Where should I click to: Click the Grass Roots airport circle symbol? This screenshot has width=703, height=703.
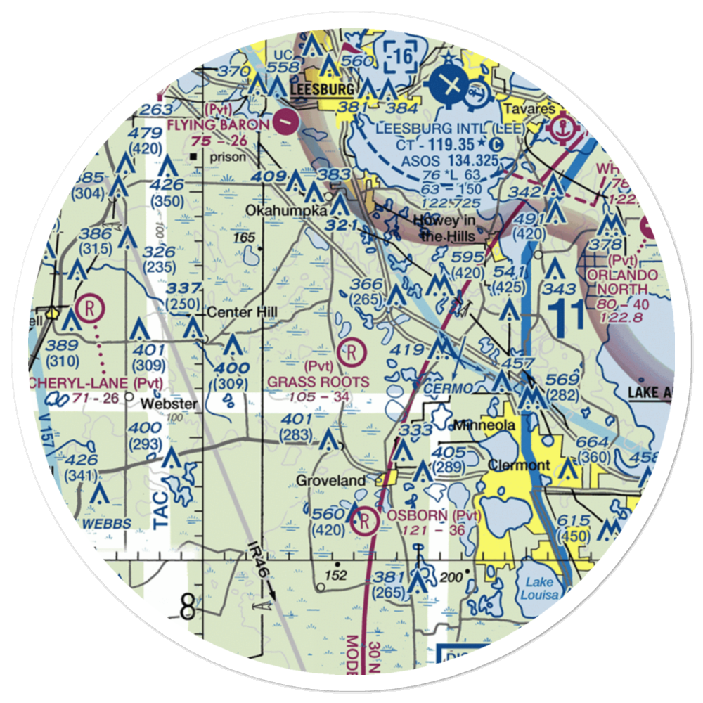351,350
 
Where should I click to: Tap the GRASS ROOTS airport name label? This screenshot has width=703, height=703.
318,382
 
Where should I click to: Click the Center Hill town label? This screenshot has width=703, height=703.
241,311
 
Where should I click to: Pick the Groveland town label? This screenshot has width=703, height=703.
330,481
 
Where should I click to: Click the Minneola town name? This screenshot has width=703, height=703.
484,425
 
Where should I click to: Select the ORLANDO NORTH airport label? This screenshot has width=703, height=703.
623,281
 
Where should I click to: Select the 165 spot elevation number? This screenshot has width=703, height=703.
245,239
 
